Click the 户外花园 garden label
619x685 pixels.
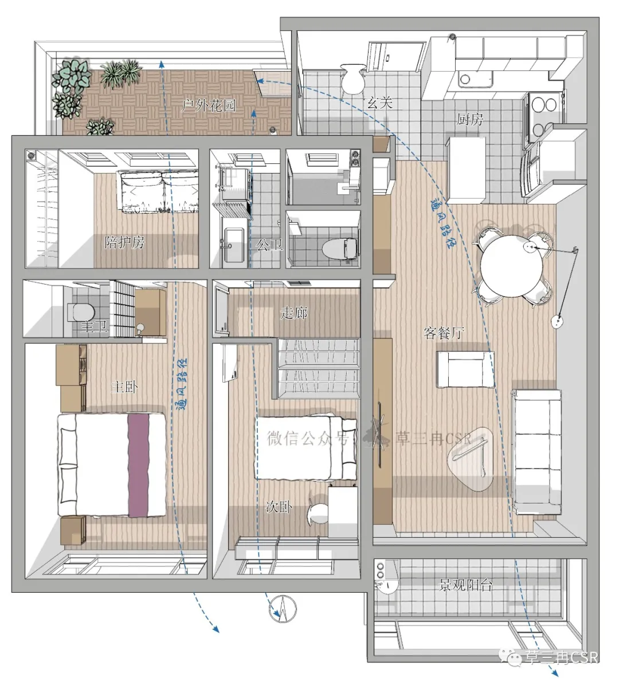click(x=209, y=105)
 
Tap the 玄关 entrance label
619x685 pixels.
click(x=379, y=103)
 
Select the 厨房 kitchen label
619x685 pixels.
click(x=471, y=119)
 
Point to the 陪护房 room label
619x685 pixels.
click(x=124, y=242)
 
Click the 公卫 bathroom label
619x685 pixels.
click(x=269, y=245)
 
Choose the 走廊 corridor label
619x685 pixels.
click(x=294, y=313)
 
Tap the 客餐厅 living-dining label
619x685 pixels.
click(x=444, y=333)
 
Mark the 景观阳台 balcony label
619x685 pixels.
click(x=466, y=585)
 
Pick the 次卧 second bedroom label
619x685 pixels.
click(x=279, y=506)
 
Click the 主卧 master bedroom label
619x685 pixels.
click(x=124, y=387)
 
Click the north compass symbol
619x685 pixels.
click(x=283, y=608)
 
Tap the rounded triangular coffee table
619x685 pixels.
click(x=471, y=458)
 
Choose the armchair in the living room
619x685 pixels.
click(x=465, y=369)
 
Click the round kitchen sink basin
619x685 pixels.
click(x=465, y=79)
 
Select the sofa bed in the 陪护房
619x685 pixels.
click(x=159, y=191)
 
